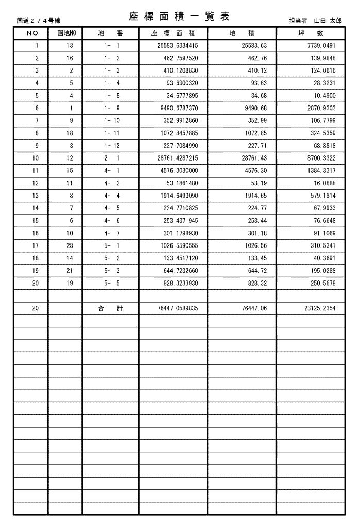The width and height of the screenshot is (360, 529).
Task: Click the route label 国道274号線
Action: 39,21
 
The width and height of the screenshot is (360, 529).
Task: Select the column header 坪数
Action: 311,33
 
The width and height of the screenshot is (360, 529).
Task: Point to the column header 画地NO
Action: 65,33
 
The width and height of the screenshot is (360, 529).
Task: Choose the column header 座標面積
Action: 173,33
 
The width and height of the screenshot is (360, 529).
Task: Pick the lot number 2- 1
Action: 112,158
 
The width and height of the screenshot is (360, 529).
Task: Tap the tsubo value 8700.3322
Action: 323,158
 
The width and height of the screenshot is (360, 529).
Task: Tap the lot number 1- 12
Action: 112,146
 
